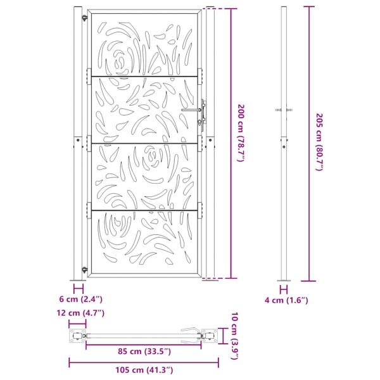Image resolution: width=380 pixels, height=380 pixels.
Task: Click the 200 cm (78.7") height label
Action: pyautogui.click(x=241, y=131)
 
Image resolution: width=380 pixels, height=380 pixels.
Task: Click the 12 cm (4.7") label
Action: pyautogui.click(x=81, y=313)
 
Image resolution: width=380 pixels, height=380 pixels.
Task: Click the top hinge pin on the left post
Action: pyautogui.click(x=82, y=18)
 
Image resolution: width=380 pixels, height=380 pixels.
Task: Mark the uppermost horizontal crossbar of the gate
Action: pyautogui.click(x=145, y=77)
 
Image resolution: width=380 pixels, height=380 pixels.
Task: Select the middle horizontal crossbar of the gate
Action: pyautogui.click(x=145, y=143)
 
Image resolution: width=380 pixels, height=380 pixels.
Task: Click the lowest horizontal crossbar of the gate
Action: pyautogui.click(x=145, y=209)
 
